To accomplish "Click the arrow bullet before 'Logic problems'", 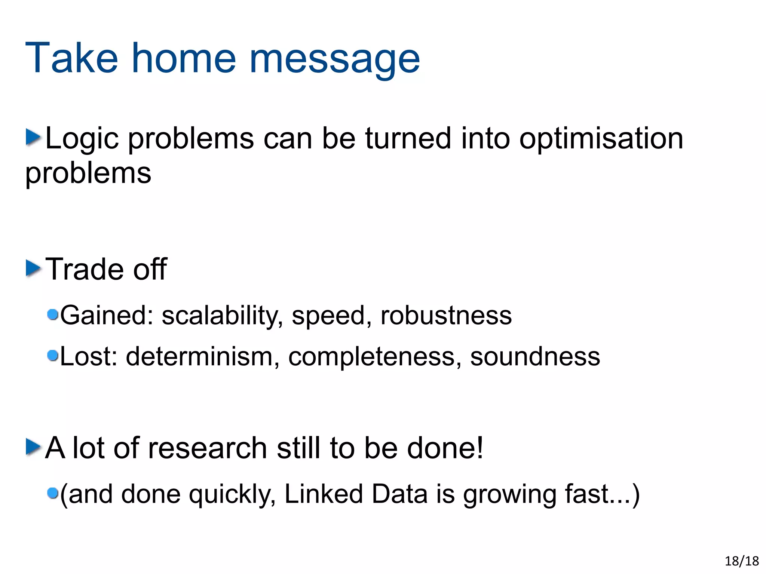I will click(x=33, y=137).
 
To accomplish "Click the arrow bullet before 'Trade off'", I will click(x=33, y=268).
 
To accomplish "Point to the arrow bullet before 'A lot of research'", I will click(x=33, y=447).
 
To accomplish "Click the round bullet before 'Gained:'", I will click(x=53, y=314).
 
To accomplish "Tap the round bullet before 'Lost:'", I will click(x=53, y=356).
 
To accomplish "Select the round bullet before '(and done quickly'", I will click(x=53, y=493).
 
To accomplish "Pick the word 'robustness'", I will click(x=446, y=316).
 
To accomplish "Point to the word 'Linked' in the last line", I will click(x=324, y=494).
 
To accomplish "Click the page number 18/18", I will click(x=742, y=561).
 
